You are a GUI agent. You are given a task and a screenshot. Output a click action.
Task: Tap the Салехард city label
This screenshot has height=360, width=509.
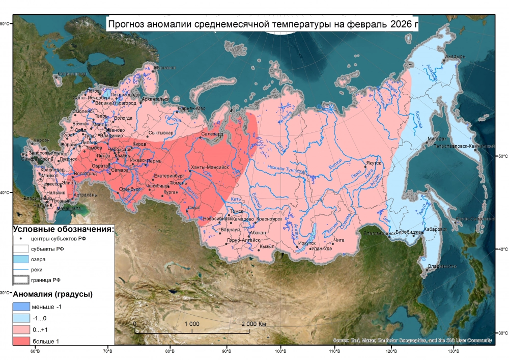coord(213,134)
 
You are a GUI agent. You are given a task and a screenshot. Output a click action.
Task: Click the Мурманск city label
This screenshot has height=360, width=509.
coord(165,67)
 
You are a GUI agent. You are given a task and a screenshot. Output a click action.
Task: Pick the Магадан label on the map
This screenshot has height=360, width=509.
coord(437,139)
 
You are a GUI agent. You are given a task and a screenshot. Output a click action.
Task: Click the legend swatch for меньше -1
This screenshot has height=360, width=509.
coord(21,307)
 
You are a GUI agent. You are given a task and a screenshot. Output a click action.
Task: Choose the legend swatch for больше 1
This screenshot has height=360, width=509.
coord(21,341)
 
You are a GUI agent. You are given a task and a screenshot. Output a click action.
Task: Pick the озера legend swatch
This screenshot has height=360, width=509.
coord(21,259)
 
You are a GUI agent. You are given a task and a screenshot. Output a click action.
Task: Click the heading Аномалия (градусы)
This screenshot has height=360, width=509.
coord(52,294)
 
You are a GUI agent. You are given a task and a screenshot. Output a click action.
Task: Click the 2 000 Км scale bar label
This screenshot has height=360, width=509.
coord(253,324)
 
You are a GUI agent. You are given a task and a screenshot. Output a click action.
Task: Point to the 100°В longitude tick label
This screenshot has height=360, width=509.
coord(281,351)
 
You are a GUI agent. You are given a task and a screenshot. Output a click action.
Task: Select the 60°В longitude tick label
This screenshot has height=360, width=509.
coord(35,351)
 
